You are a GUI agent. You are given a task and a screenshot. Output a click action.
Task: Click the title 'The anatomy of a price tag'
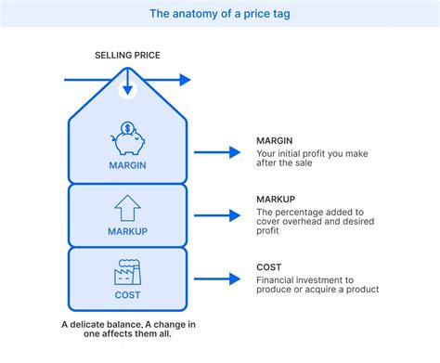coord(219,13)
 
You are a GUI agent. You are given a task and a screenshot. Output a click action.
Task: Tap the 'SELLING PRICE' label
coord(127,56)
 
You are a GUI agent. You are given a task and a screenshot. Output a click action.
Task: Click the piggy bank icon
coord(128,139)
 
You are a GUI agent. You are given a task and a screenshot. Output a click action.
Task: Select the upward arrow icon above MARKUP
coord(128,207)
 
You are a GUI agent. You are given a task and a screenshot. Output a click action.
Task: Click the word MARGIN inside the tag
coord(128,166)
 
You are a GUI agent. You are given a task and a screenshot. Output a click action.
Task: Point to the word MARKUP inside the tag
coord(128,231)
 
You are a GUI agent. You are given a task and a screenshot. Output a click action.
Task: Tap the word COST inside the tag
coord(128,295)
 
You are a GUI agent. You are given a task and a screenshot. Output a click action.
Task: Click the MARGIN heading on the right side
coord(276,141)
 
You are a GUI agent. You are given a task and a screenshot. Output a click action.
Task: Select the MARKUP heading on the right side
coord(276,200)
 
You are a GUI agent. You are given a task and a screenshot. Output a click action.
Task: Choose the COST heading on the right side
coord(269,267)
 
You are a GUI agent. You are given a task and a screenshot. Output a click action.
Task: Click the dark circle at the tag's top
coord(128,90)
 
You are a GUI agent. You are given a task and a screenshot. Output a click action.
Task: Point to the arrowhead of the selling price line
coord(185,80)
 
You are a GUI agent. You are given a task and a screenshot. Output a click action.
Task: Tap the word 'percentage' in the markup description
coord(298,212)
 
